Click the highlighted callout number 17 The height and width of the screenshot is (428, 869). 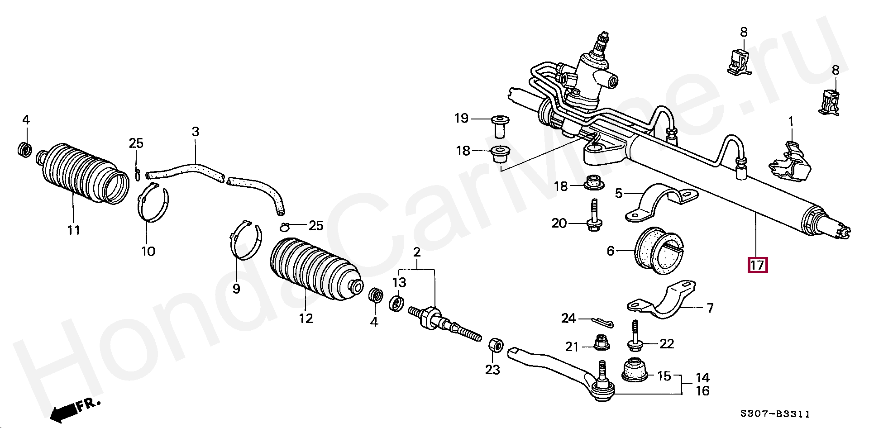pyautogui.click(x=757, y=265)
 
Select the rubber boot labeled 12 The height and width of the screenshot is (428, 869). pyautogui.click(x=312, y=270)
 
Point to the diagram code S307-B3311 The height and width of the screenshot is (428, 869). pyautogui.click(x=775, y=414)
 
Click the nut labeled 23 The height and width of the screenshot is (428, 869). pyautogui.click(x=495, y=346)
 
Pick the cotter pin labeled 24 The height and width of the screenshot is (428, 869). pyautogui.click(x=602, y=322)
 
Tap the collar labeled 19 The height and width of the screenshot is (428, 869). pyautogui.click(x=500, y=124)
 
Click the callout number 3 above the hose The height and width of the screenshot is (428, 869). pyautogui.click(x=195, y=132)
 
